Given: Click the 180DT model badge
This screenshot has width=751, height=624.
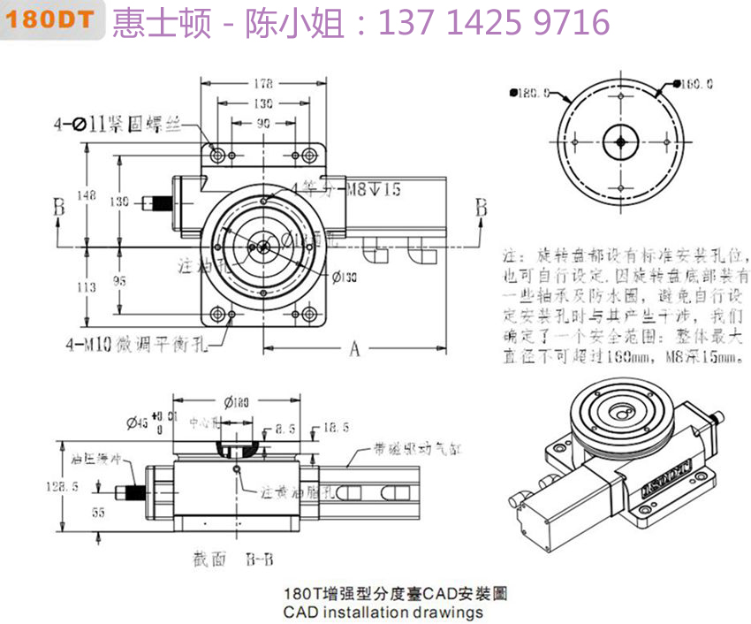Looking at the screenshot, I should (55, 21).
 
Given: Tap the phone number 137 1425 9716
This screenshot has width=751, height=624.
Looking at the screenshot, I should (494, 22).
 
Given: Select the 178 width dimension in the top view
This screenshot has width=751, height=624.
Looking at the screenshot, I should (262, 84).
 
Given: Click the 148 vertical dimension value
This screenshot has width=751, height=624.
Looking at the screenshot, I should (87, 196).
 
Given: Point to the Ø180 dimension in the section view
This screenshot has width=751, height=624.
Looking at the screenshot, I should (235, 403).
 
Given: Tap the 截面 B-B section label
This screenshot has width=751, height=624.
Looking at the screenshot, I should (231, 559).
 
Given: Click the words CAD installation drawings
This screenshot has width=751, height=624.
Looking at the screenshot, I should (383, 612).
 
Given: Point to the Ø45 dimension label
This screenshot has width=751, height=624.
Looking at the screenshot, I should (136, 422).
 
